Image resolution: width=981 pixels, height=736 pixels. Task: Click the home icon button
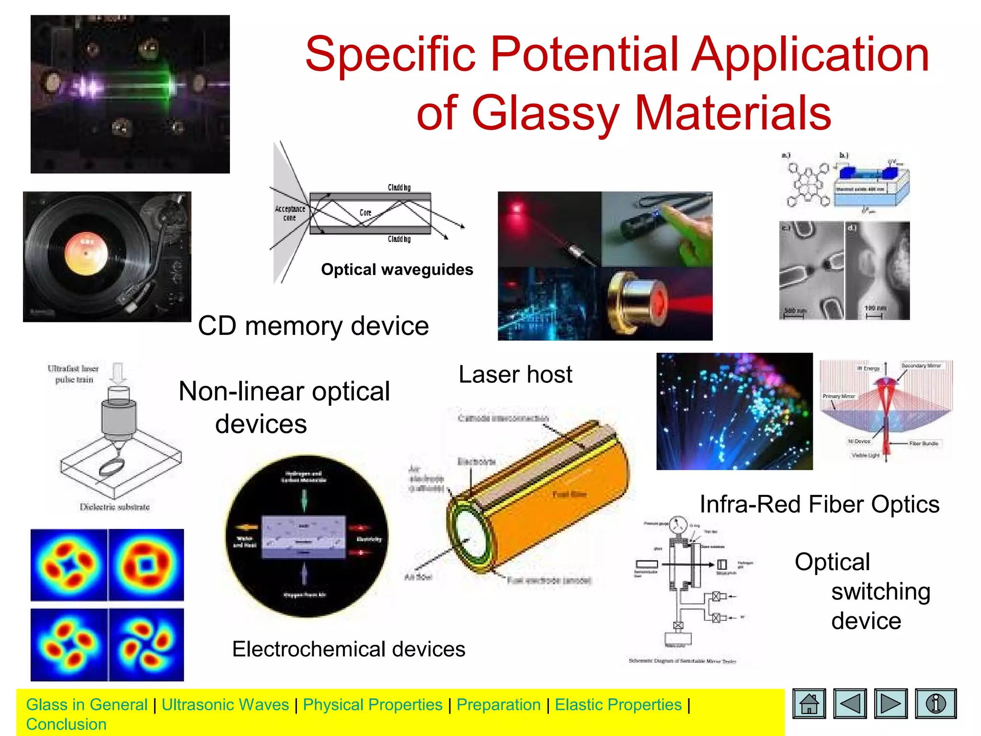[x=809, y=703]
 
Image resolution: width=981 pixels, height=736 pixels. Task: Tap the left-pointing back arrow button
[x=850, y=703]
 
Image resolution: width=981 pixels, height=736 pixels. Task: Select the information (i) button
[x=935, y=703]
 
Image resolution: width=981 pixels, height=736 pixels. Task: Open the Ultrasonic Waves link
[x=225, y=705]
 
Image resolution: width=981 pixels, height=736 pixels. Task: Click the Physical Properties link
[x=373, y=705]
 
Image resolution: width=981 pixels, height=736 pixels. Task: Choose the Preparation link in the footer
[x=499, y=705]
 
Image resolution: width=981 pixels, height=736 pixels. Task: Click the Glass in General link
[x=87, y=705]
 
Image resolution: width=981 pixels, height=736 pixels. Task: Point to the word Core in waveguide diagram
[x=365, y=213]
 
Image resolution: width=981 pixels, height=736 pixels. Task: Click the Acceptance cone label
[x=290, y=213]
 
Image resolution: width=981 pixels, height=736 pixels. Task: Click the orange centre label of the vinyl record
[x=87, y=253]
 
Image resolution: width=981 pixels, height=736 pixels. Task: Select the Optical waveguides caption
[x=397, y=270]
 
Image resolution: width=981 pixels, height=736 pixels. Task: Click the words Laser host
[x=515, y=375]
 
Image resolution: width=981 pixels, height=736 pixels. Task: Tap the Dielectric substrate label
[x=114, y=507]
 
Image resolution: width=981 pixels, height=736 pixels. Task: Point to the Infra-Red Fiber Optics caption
[x=819, y=505]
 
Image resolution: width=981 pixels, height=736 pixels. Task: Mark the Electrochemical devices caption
[x=349, y=649]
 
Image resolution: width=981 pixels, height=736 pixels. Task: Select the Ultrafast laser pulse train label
[x=73, y=374]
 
